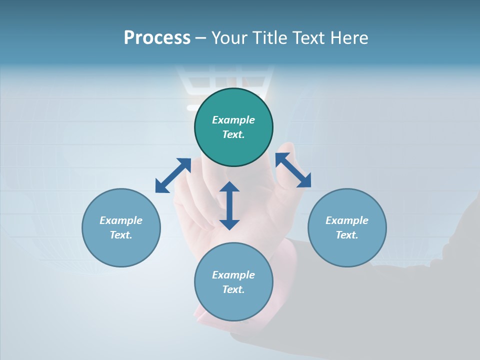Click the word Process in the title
pos(157,38)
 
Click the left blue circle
pos(121,245)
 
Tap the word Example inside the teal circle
pos(233,120)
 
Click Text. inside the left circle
pos(121,235)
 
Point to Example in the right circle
pos(347,220)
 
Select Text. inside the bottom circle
pos(233,289)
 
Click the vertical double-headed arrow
pos(229,205)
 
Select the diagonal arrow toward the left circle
pos(173,175)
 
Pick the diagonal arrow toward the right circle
pos(293,170)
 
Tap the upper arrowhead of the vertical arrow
pos(229,187)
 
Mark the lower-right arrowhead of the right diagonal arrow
pos(304,181)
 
